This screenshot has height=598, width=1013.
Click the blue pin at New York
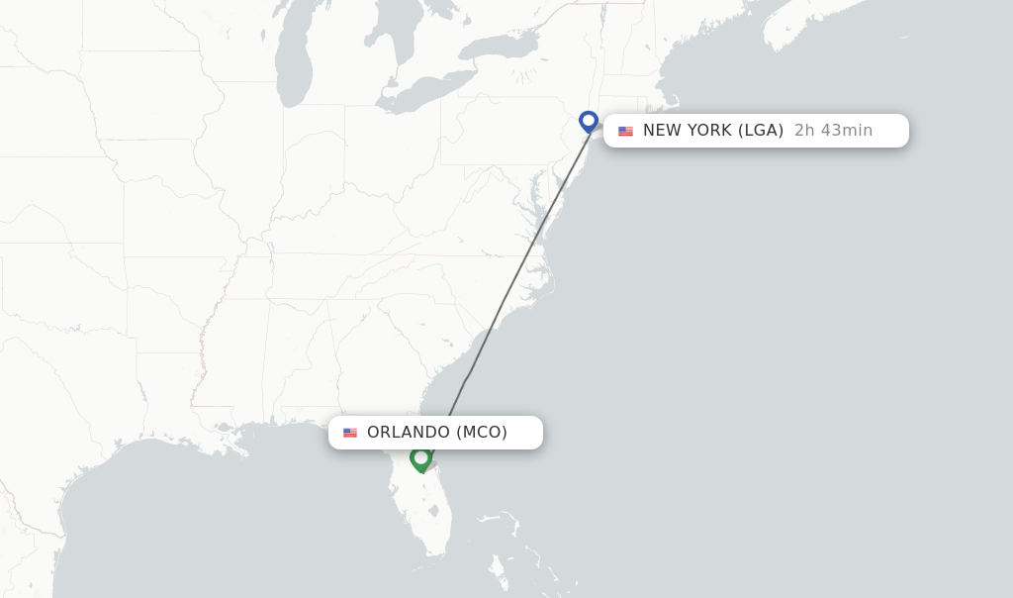(x=589, y=121)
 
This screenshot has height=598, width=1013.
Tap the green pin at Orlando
(x=420, y=458)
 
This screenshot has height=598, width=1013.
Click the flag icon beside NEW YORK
(x=625, y=131)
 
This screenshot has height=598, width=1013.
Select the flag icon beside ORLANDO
(x=350, y=433)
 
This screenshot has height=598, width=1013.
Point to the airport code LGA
(x=761, y=131)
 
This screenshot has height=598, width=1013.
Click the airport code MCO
(x=482, y=433)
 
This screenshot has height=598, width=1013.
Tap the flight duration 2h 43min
(x=833, y=131)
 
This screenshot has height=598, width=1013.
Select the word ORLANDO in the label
(x=409, y=433)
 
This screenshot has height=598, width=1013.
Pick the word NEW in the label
(x=661, y=131)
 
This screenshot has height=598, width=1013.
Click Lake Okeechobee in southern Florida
(x=433, y=512)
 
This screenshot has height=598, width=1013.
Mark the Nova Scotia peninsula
(x=801, y=30)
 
